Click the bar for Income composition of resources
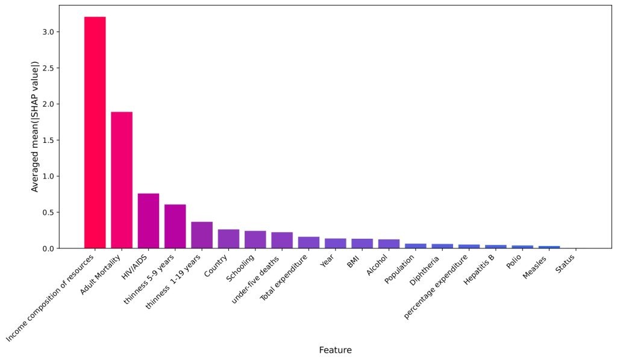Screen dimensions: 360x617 pos(95,133)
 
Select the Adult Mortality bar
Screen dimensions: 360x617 pos(122,180)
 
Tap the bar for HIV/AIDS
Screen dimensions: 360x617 pos(148,221)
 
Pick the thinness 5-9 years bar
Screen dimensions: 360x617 pos(175,226)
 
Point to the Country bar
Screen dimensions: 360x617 pos(228,239)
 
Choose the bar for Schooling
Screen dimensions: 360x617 pos(255,239)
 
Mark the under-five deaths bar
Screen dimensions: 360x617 pos(282,240)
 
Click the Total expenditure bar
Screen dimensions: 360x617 pos(308,242)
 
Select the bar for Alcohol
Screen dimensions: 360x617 pos(389,244)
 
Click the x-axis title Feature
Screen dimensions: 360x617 pos(335,350)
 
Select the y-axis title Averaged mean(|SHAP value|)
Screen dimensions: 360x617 pos(35,127)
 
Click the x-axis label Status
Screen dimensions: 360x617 pos(565,265)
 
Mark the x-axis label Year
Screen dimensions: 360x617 pos(328,262)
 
